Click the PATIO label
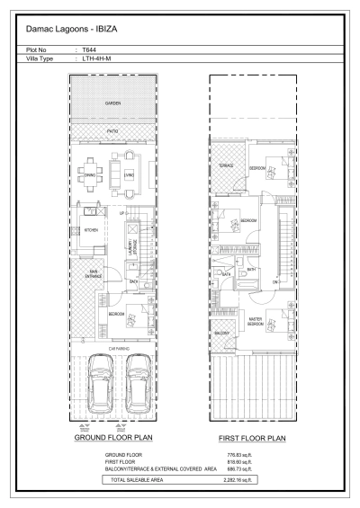click(112, 131)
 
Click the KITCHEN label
click(91, 231)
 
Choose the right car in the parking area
click(137, 378)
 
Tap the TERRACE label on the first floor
click(226, 166)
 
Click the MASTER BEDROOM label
click(256, 320)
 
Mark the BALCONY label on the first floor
click(222, 334)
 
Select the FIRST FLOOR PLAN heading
click(251, 440)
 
